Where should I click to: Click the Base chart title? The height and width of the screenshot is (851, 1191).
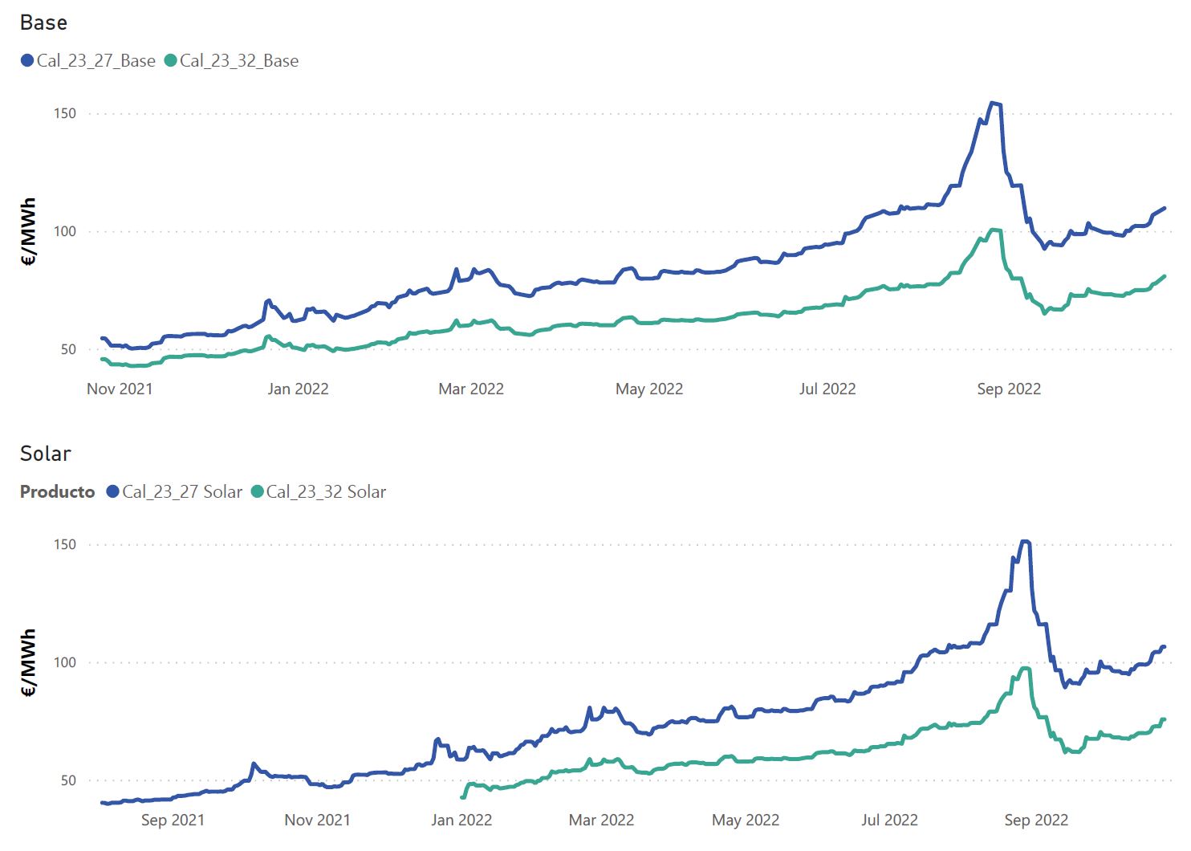[x=43, y=22]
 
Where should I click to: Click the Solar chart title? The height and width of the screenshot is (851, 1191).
[x=46, y=454]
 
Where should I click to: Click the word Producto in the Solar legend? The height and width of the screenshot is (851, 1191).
[x=57, y=492]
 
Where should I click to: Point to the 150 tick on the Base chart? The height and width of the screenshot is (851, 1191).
[x=65, y=113]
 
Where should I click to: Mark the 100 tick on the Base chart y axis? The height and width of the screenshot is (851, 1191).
[x=65, y=231]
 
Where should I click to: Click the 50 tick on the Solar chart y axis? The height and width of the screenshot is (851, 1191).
[x=68, y=780]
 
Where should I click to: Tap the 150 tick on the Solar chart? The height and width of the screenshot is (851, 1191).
[x=65, y=544]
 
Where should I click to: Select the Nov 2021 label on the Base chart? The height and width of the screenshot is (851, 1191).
[x=120, y=389]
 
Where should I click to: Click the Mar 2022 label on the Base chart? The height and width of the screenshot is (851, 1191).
[x=471, y=389]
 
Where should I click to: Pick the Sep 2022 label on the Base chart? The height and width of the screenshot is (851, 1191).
[x=1009, y=389]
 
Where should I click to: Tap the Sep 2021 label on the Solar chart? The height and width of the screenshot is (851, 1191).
[x=173, y=820]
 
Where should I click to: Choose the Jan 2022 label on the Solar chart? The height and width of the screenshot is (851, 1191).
[x=461, y=820]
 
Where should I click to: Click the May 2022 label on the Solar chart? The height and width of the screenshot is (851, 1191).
[x=746, y=820]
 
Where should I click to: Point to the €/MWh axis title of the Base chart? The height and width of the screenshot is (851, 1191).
[x=29, y=231]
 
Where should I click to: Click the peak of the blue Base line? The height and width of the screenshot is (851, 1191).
[x=994, y=103]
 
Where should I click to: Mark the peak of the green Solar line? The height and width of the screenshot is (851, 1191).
[x=1025, y=668]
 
